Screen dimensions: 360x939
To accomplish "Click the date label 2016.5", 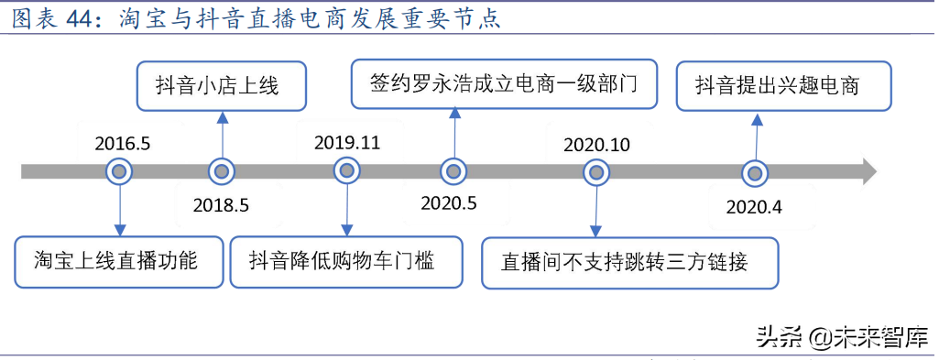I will pos(122,143).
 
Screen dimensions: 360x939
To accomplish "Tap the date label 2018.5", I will pos(221,205).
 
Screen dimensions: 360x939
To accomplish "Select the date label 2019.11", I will pos(346,143).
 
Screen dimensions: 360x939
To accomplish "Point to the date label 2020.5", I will pos(449,203).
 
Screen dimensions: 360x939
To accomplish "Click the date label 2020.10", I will pos(596,145).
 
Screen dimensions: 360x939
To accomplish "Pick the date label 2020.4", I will pos(754,207).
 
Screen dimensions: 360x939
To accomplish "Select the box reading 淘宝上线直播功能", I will pos(119,261).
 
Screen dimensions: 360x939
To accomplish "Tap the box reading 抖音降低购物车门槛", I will pos(346,261).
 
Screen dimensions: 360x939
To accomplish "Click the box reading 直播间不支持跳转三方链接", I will pos(629,263).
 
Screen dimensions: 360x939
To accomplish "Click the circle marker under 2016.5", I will pos(119,171).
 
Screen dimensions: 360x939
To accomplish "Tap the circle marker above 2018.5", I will pos(221,171).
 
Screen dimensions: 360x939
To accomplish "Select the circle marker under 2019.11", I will pos(346,171).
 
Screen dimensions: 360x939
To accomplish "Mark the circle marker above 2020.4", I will pos(754,172).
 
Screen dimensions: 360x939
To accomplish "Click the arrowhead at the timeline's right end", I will pos(868,171).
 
